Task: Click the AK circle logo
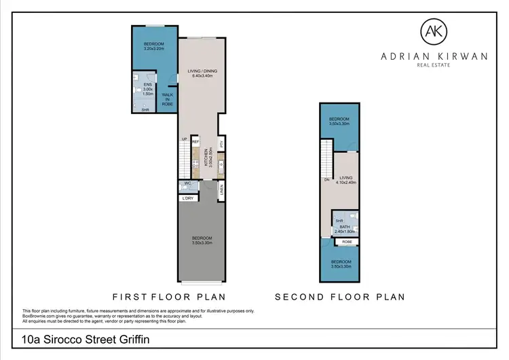pyautogui.click(x=432, y=31)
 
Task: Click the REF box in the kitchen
pyautogui.click(x=194, y=141)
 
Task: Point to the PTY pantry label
pyautogui.click(x=221, y=143)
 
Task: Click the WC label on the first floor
pyautogui.click(x=187, y=185)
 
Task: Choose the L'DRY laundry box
pyautogui.click(x=188, y=198)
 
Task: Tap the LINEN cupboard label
pyautogui.click(x=222, y=192)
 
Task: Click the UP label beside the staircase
pyautogui.click(x=183, y=139)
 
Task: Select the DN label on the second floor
pyautogui.click(x=326, y=179)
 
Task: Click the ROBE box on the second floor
pyautogui.click(x=346, y=242)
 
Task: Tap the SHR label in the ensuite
pyautogui.click(x=145, y=109)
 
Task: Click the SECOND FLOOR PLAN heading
pyautogui.click(x=339, y=296)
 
